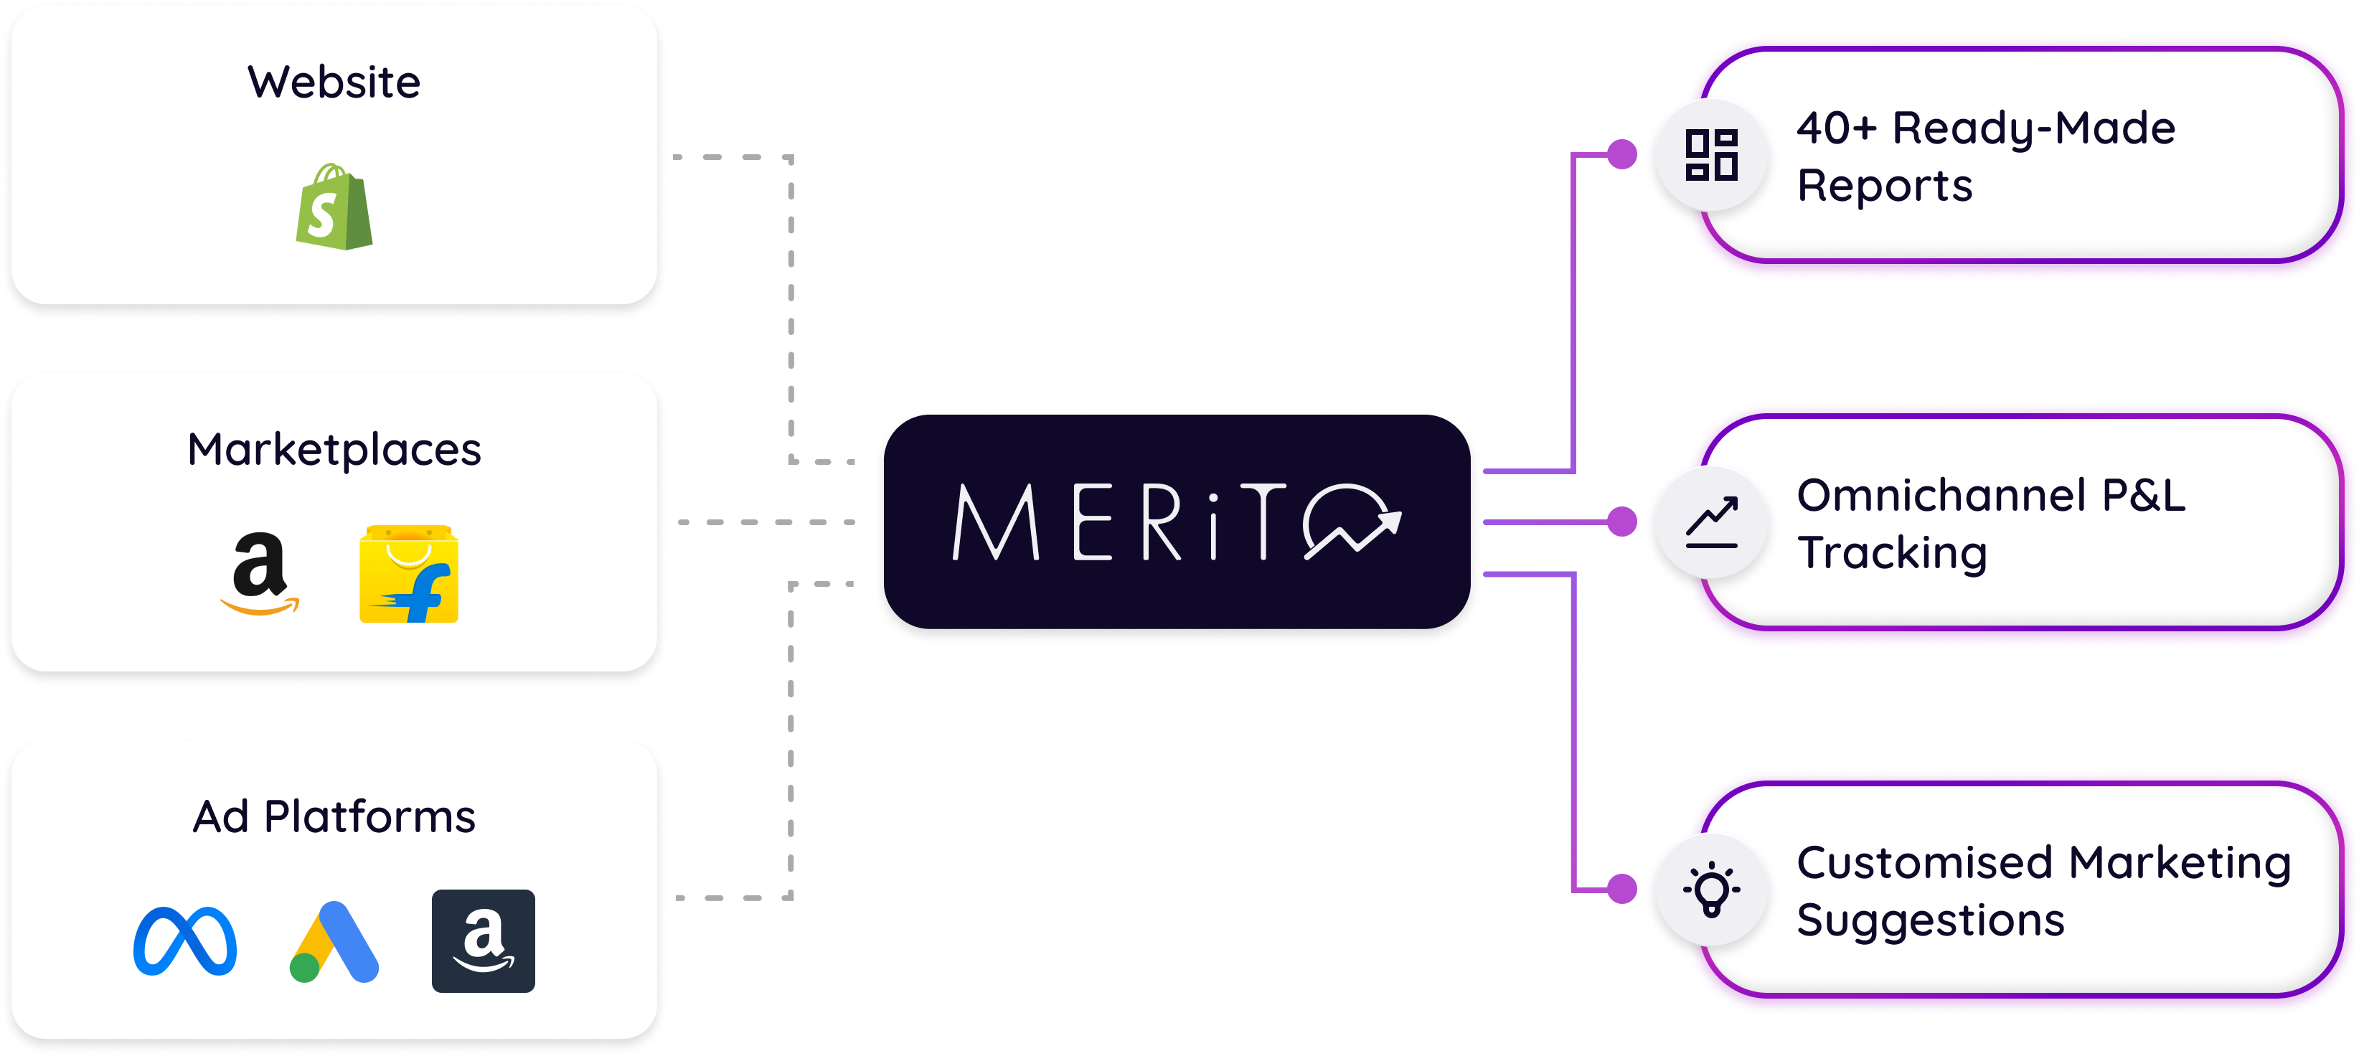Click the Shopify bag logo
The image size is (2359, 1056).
click(x=334, y=208)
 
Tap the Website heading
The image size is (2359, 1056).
click(x=334, y=82)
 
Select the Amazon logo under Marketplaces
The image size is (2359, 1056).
click(x=260, y=573)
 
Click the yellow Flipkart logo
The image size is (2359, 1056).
click(x=408, y=574)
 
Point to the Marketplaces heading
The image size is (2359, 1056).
click(x=334, y=450)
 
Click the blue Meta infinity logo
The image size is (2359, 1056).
click(x=185, y=940)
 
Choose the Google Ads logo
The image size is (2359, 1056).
click(x=334, y=941)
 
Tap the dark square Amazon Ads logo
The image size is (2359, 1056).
click(x=484, y=940)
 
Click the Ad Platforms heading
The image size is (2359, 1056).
click(x=334, y=816)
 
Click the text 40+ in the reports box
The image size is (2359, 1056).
click(x=1836, y=128)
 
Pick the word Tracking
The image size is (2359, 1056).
click(x=1892, y=552)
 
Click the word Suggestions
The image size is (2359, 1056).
click(x=1931, y=920)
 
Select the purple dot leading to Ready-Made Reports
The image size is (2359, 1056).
click(x=1621, y=154)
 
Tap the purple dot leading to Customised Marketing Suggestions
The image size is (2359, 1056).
click(x=1621, y=888)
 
